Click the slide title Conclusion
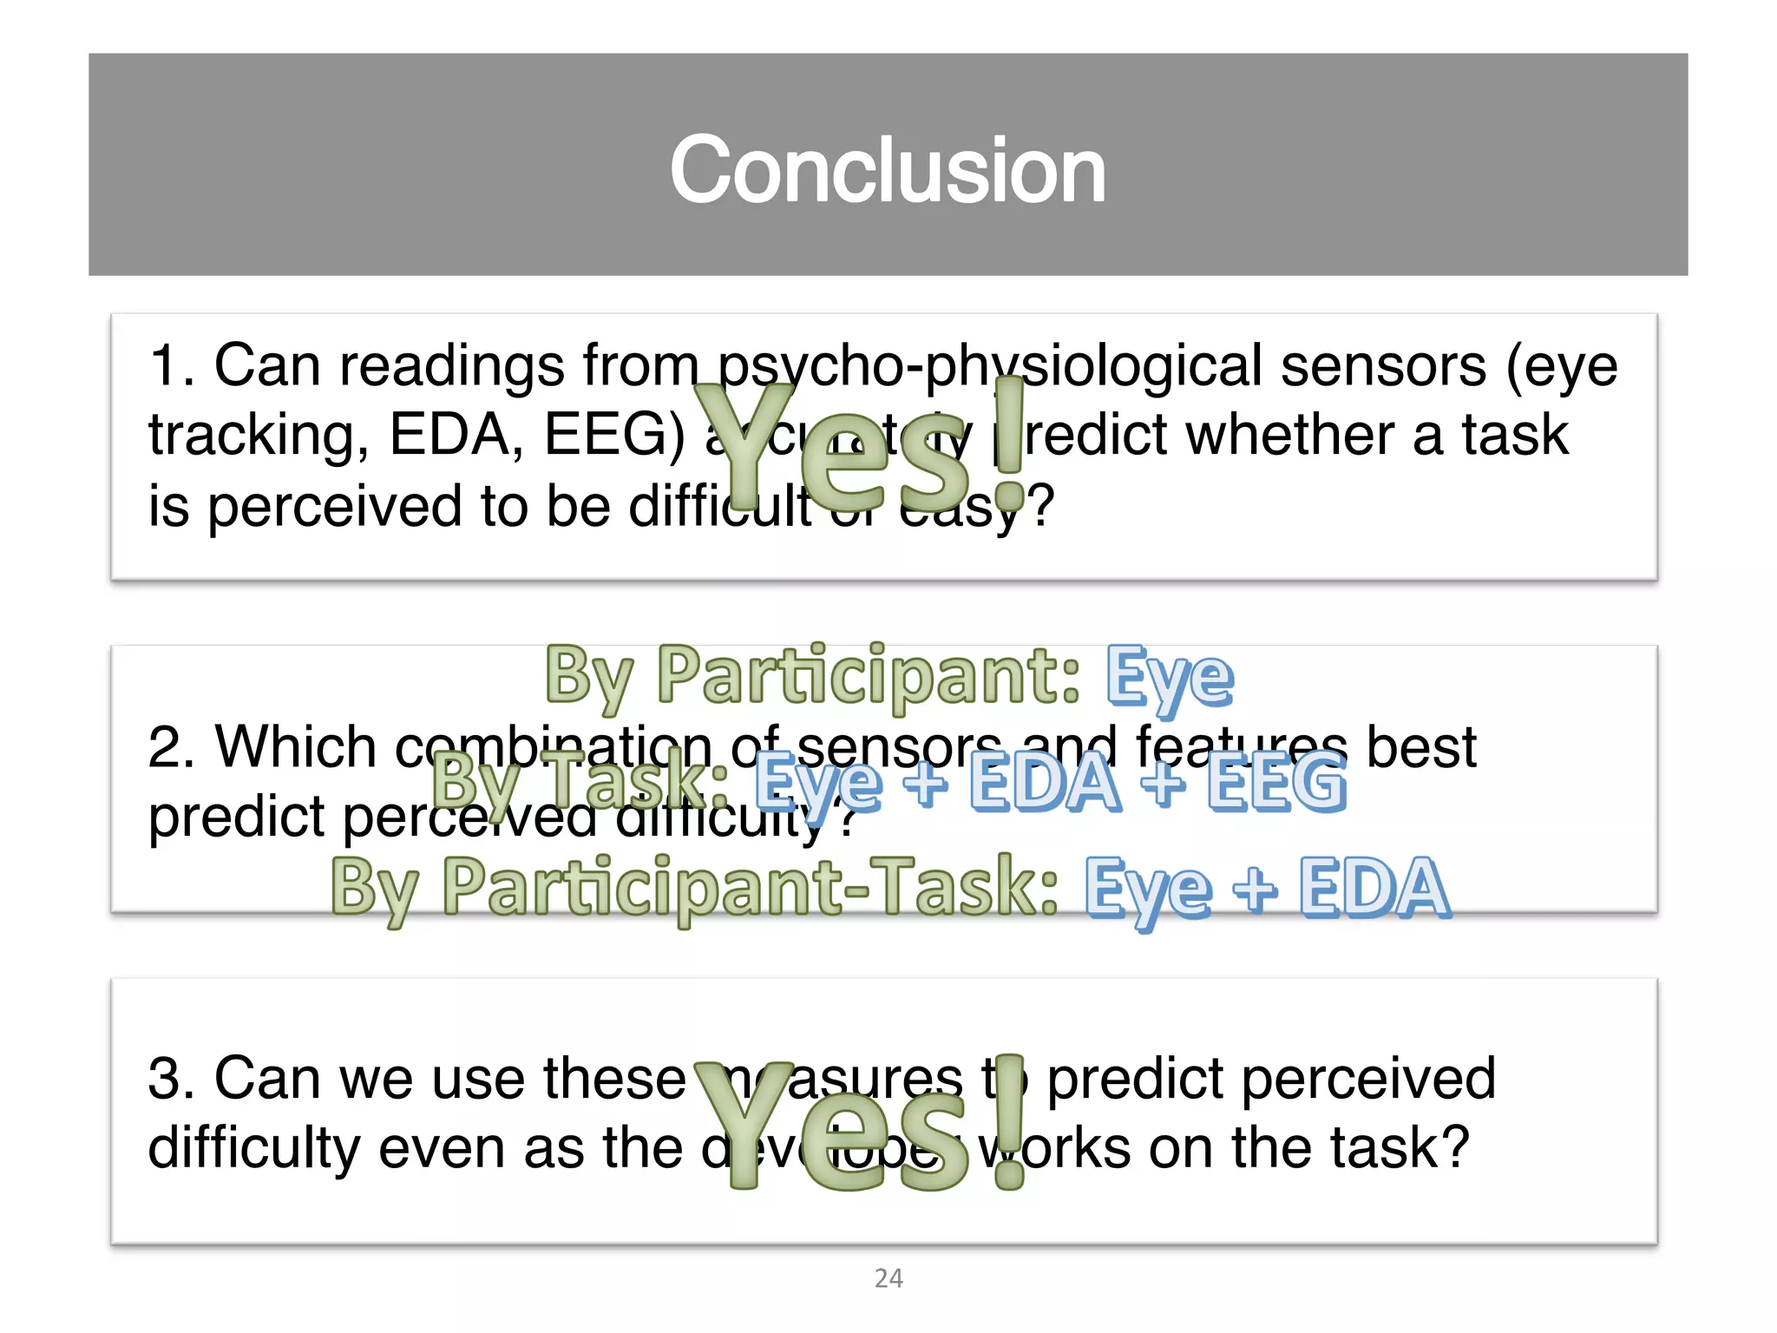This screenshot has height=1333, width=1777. point(888,170)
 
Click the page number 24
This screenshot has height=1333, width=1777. point(888,1278)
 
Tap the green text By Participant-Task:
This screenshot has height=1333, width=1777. point(694,888)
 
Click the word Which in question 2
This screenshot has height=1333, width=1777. point(295,747)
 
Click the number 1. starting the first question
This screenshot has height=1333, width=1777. point(170,366)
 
